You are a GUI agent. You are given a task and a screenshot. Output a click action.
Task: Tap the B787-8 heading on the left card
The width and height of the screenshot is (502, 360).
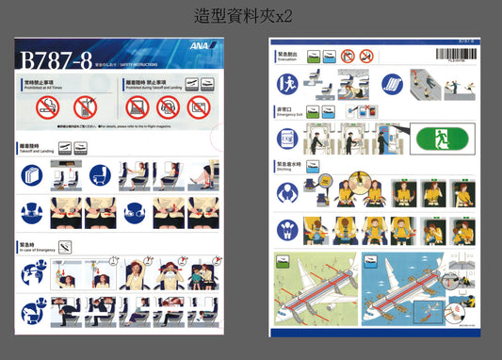54,59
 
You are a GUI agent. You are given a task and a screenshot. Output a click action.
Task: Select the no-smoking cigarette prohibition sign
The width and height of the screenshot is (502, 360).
46,107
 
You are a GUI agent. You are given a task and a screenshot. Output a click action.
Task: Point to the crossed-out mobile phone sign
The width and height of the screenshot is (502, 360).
85,107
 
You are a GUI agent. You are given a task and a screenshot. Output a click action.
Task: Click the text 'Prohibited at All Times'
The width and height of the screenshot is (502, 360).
45,89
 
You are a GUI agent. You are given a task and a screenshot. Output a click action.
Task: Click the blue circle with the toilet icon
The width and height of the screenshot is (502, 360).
101,175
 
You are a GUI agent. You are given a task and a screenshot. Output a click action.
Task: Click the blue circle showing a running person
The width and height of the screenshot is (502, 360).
287,84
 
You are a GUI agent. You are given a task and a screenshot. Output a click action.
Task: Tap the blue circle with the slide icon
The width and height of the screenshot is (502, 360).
392,84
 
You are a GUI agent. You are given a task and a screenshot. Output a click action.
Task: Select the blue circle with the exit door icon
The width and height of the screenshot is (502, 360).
287,138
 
